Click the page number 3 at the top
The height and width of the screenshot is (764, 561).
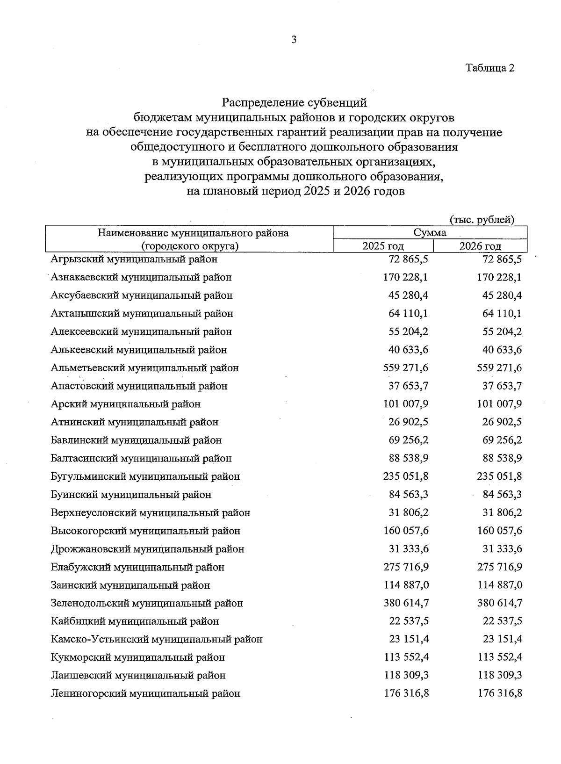click(294, 40)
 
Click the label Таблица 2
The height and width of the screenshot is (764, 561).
click(490, 68)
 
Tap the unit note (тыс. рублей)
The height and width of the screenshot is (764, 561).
click(482, 219)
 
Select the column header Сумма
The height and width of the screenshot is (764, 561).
click(430, 232)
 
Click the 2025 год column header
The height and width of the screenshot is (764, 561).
click(383, 246)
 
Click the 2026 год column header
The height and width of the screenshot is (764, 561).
click(480, 246)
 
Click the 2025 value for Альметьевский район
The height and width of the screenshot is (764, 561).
click(406, 368)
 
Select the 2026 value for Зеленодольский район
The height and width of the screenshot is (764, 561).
click(499, 603)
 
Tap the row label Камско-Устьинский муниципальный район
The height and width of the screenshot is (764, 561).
click(157, 639)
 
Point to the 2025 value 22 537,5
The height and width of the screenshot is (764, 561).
click(409, 621)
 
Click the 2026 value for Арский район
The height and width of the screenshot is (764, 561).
click(499, 404)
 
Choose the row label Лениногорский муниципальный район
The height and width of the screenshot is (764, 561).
click(145, 693)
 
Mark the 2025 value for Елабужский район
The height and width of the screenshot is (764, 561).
click(406, 567)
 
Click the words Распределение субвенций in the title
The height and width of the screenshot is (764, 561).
click(294, 101)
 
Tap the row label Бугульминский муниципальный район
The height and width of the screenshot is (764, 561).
click(145, 476)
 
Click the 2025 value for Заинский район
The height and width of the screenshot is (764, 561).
click(406, 585)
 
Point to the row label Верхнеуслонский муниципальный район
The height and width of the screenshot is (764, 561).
click(151, 513)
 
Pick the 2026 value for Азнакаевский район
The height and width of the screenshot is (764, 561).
click(499, 277)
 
